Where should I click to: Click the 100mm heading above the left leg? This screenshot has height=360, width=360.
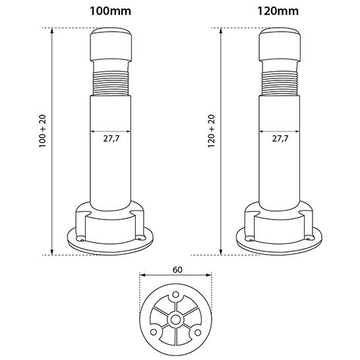coord(110,11)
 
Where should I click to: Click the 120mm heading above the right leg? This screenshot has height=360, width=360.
coord(278,11)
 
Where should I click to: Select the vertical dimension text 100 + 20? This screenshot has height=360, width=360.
coord(43,131)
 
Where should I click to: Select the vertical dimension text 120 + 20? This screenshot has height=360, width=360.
coord(211,131)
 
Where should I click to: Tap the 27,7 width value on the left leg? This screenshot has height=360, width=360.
coord(111,138)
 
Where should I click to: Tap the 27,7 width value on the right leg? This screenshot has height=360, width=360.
coord(280,138)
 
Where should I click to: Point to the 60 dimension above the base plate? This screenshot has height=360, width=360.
coord(177,270)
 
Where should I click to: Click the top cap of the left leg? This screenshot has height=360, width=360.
coord(111,45)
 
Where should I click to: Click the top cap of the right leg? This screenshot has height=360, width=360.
coord(280,45)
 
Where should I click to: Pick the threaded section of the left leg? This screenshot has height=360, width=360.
coord(111,84)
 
